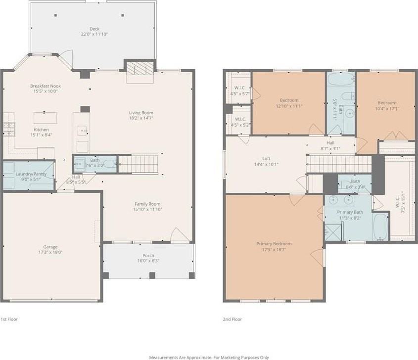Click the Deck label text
(x=94, y=29)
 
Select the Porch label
(x=148, y=255)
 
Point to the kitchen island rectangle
(x=45, y=118)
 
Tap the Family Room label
(x=148, y=204)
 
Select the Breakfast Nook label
(x=45, y=86)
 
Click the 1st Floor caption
(x=9, y=319)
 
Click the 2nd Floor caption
(x=232, y=319)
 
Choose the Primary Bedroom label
(x=274, y=244)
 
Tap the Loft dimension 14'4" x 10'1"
(x=267, y=164)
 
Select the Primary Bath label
(x=350, y=212)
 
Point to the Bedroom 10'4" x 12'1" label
(x=387, y=103)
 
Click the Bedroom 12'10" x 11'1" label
(x=288, y=99)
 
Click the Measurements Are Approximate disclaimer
(x=209, y=357)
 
